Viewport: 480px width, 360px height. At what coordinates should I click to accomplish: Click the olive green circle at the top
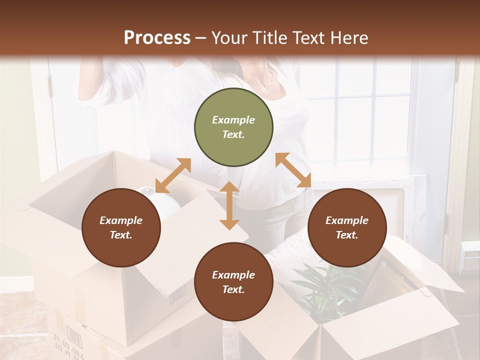[x=233, y=127]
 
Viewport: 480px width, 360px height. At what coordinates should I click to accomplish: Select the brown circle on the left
[x=121, y=227]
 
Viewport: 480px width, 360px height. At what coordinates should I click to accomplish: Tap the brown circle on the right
[x=347, y=227]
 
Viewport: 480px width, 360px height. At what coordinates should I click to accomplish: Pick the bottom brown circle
[x=233, y=282]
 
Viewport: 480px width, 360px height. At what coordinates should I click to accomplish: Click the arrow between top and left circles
[x=173, y=175]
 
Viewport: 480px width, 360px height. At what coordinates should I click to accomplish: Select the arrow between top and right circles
[x=293, y=170]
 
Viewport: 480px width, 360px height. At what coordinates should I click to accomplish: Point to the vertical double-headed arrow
[x=229, y=205]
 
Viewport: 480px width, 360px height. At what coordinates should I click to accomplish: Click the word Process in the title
[x=157, y=37]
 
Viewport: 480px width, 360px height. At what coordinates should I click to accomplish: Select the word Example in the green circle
[x=233, y=120]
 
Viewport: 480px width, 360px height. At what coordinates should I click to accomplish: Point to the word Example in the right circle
[x=347, y=220]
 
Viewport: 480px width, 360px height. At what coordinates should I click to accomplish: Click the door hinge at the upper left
[x=50, y=86]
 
